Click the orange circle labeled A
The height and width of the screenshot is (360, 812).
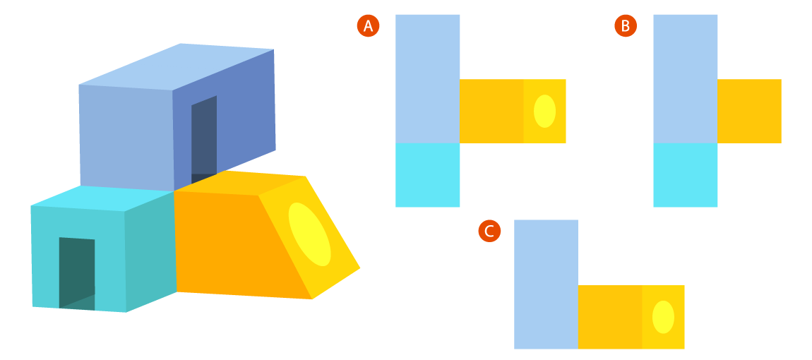[x=368, y=26]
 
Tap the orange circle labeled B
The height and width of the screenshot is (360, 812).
[x=626, y=26]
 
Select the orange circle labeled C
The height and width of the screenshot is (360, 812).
[x=489, y=231]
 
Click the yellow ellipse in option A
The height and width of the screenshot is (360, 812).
[x=544, y=112]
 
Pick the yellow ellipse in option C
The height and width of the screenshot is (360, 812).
[x=663, y=318]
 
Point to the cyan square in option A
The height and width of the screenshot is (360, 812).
[x=428, y=175]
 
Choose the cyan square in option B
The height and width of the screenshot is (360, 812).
[x=686, y=175]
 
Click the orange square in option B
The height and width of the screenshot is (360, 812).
[x=750, y=112]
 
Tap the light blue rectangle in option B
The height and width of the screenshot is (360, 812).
[x=686, y=78]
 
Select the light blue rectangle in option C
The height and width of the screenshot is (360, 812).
[x=546, y=284]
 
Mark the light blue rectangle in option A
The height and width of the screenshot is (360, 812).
[x=428, y=78]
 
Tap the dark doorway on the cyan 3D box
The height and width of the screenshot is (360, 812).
[x=77, y=273]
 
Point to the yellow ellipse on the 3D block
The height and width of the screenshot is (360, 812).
[x=309, y=234]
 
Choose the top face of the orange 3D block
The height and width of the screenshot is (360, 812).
[x=240, y=182]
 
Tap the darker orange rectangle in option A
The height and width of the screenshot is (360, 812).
[x=491, y=112]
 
